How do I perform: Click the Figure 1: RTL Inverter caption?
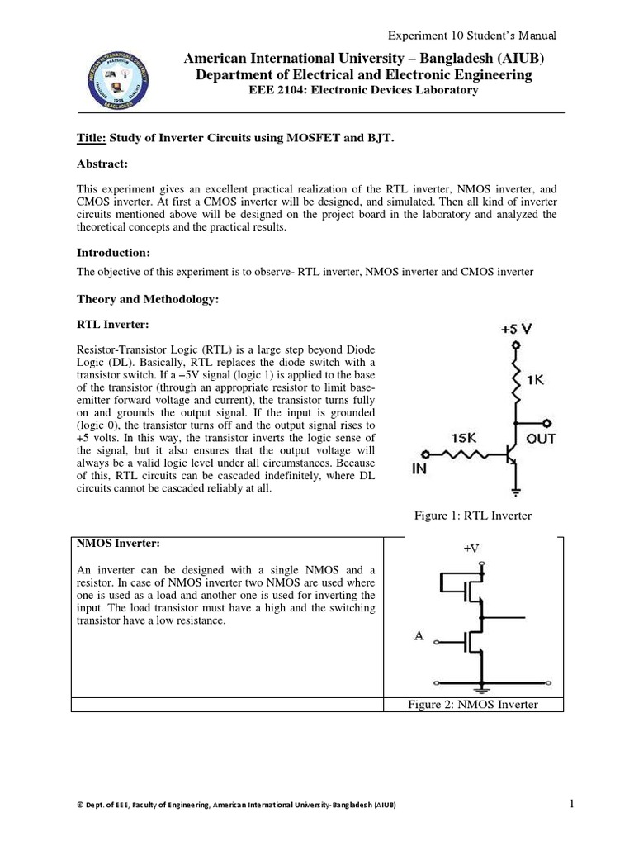pos(472,516)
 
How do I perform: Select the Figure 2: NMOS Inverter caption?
pos(473,704)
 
